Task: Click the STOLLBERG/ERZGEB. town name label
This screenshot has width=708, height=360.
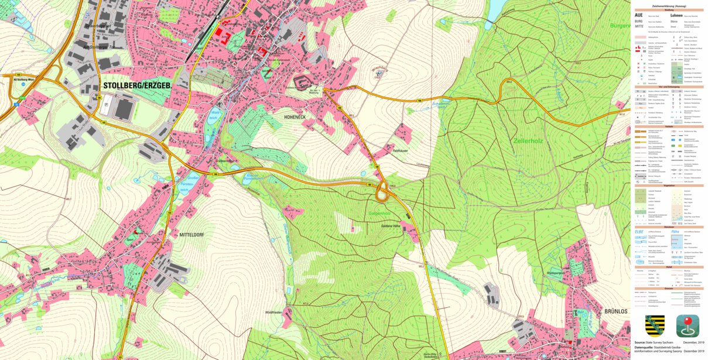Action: click(x=137, y=86)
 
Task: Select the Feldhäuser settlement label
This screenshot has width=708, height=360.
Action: click(x=400, y=150)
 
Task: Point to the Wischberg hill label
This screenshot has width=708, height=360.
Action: click(x=380, y=69)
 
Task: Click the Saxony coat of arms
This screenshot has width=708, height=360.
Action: click(x=655, y=325)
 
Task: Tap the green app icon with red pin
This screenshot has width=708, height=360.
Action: click(x=688, y=325)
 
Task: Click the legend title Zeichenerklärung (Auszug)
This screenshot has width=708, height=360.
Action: click(x=668, y=5)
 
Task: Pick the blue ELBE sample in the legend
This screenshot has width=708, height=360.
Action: click(x=641, y=231)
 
